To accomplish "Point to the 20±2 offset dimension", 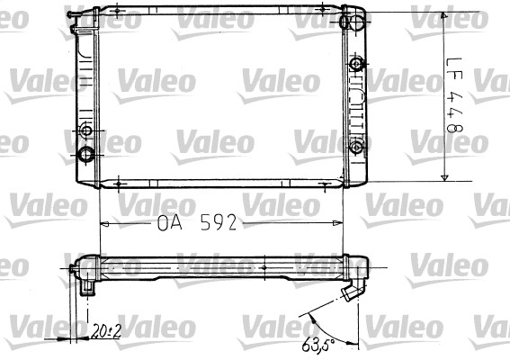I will pyautogui.click(x=106, y=332).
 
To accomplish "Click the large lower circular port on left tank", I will pyautogui.click(x=87, y=153).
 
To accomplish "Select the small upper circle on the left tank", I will pyautogui.click(x=87, y=132).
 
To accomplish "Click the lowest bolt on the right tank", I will pyautogui.click(x=357, y=147).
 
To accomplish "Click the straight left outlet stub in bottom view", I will pyautogui.click(x=89, y=286).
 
